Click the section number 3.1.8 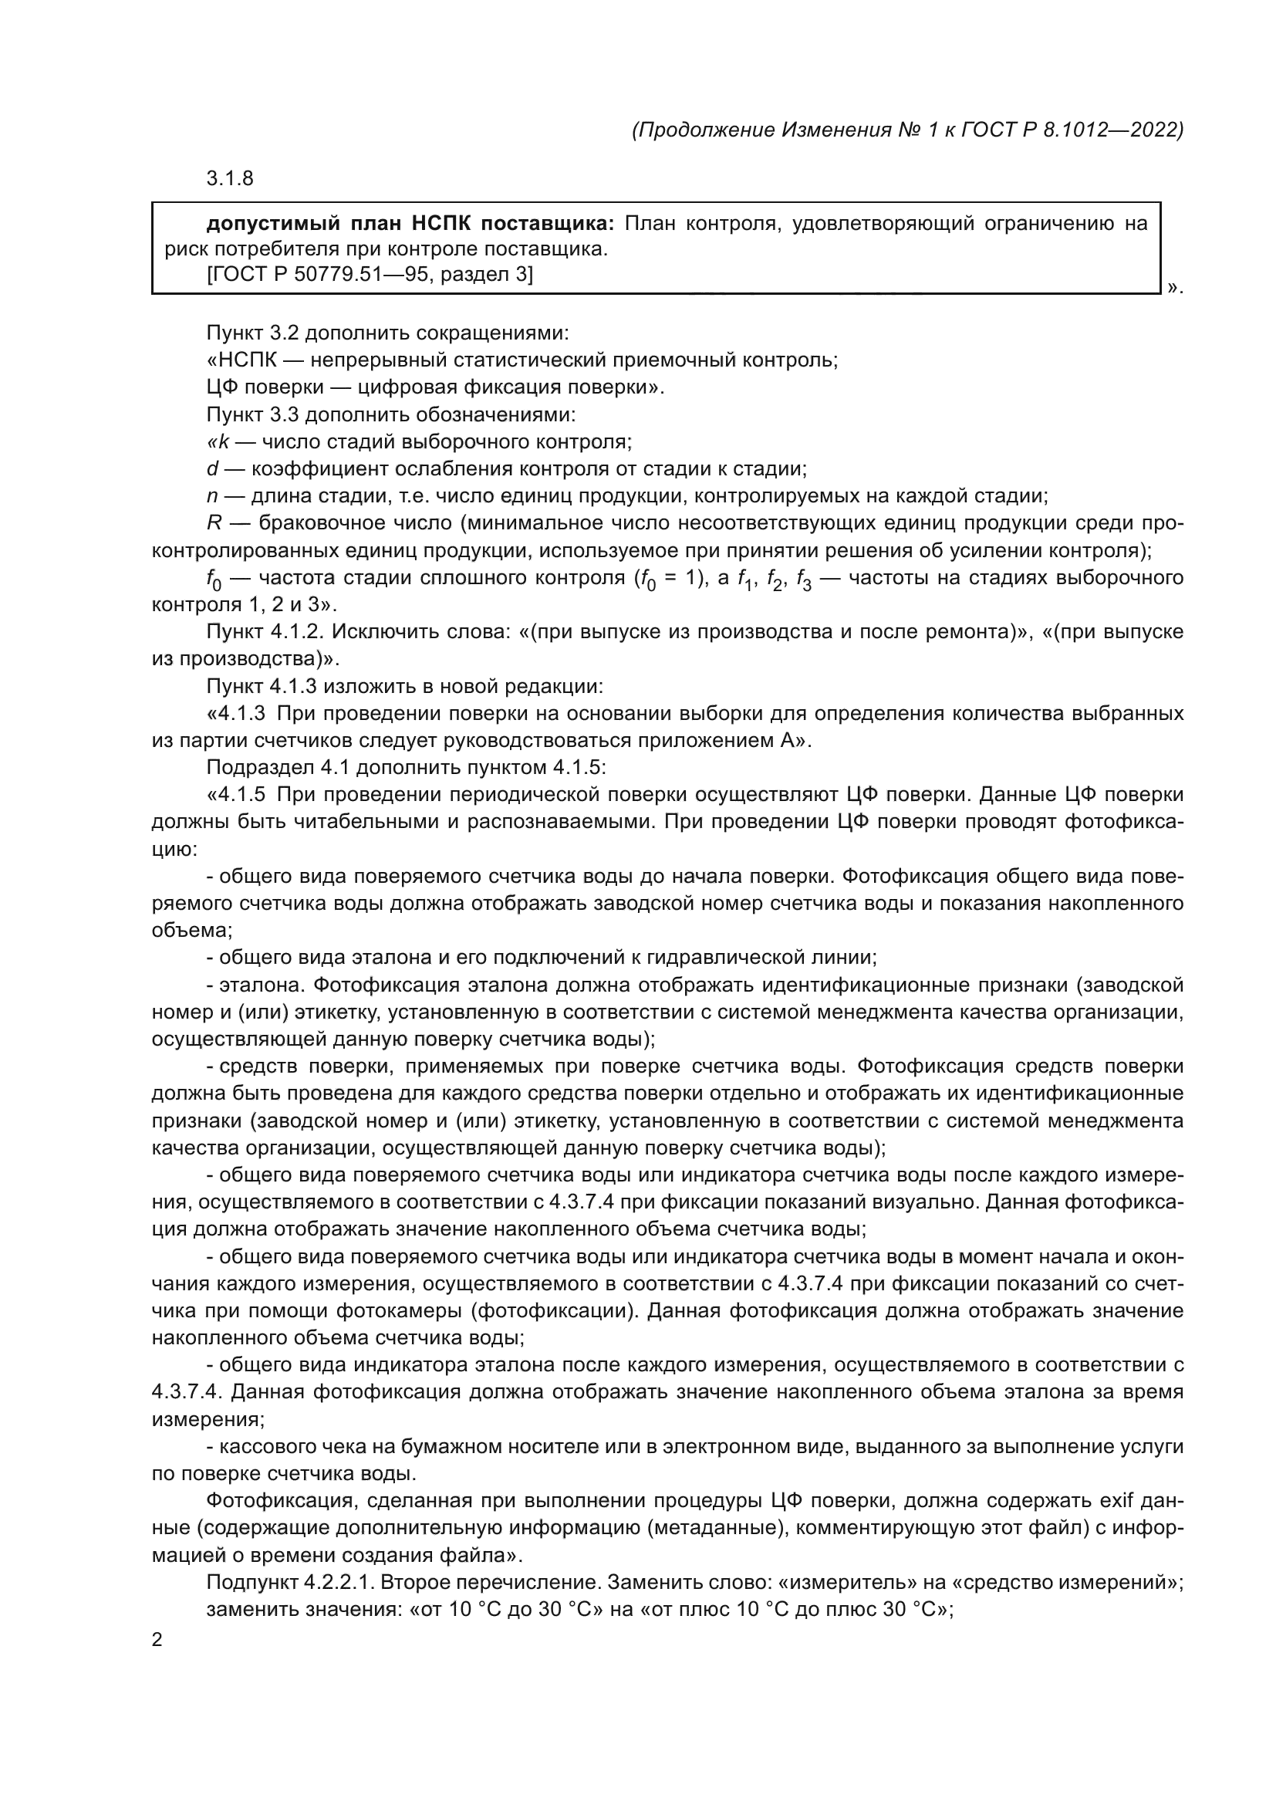229,178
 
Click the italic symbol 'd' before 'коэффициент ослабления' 212,469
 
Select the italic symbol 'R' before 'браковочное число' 214,523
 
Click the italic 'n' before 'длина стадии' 212,497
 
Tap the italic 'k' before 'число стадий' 222,442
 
